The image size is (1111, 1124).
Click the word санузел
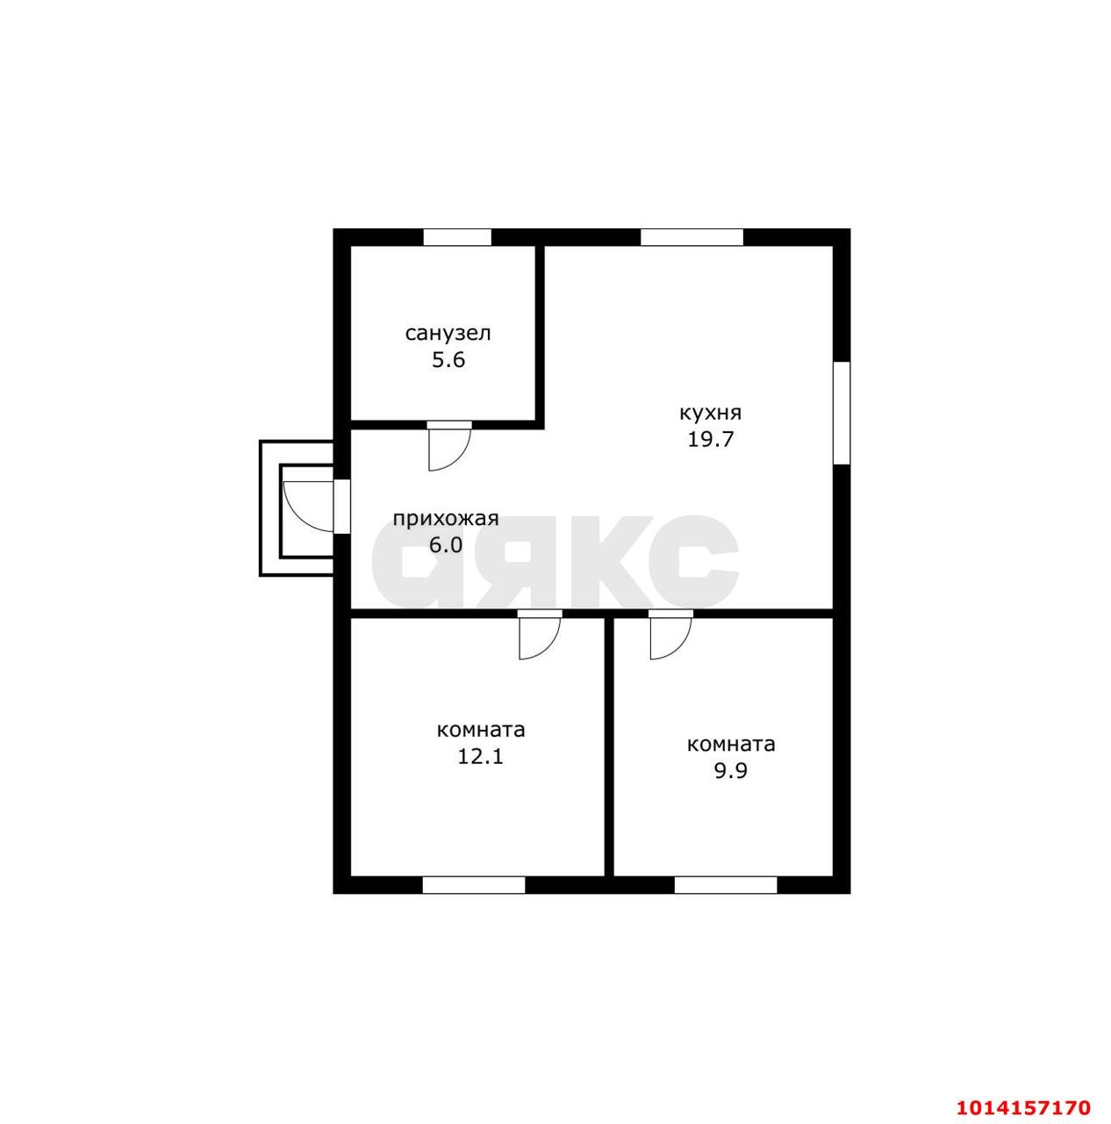click(448, 335)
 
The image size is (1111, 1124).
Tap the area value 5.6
click(448, 360)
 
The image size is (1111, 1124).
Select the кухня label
click(710, 413)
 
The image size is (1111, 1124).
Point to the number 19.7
click(710, 439)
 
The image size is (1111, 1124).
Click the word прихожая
click(446, 519)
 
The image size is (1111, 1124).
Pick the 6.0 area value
click(446, 544)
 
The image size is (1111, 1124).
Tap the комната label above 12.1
click(481, 730)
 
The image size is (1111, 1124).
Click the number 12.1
click(480, 757)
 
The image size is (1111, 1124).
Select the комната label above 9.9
click(731, 745)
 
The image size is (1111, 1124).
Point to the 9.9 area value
click(731, 771)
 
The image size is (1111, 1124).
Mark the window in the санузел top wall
click(457, 237)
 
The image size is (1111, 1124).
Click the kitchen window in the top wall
click(692, 237)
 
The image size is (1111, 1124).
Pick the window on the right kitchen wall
click(842, 413)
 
